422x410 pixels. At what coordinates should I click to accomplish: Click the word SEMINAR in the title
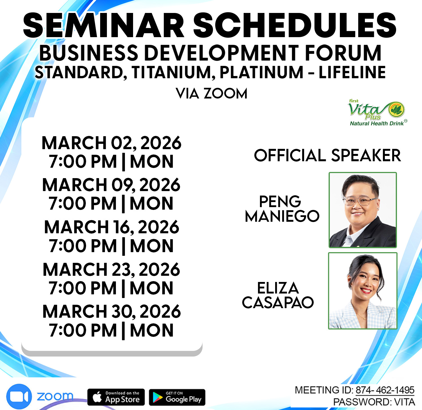pyautogui.click(x=104, y=25)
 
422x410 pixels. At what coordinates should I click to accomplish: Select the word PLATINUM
pyautogui.click(x=261, y=72)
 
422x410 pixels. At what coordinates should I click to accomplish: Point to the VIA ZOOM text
pyautogui.click(x=212, y=93)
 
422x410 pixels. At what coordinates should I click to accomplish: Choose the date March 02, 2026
pyautogui.click(x=111, y=143)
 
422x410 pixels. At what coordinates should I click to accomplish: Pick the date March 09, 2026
pyautogui.click(x=111, y=185)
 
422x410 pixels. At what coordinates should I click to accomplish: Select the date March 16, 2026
pyautogui.click(x=111, y=227)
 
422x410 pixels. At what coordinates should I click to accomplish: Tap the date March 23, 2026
pyautogui.click(x=111, y=269)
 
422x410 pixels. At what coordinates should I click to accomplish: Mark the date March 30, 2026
pyautogui.click(x=111, y=312)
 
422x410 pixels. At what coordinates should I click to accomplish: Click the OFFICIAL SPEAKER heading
pyautogui.click(x=327, y=155)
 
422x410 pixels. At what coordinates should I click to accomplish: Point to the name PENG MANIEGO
pyautogui.click(x=282, y=209)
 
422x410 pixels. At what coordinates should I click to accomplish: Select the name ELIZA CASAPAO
pyautogui.click(x=278, y=295)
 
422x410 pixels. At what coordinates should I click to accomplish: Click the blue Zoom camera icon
pyautogui.click(x=19, y=396)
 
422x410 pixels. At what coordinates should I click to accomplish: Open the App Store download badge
pyautogui.click(x=116, y=397)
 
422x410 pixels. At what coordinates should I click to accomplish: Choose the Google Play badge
pyautogui.click(x=177, y=397)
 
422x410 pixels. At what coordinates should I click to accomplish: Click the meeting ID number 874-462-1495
pyautogui.click(x=385, y=390)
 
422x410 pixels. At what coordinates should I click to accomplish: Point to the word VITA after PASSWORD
pyautogui.click(x=405, y=402)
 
